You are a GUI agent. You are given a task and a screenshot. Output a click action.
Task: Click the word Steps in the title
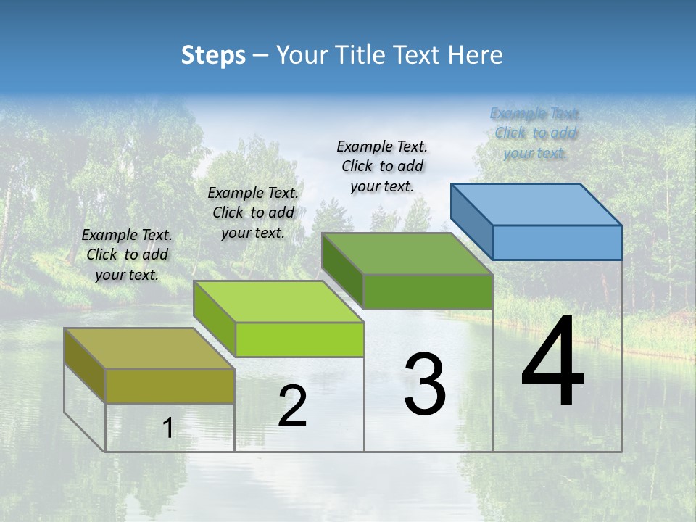pos(213,55)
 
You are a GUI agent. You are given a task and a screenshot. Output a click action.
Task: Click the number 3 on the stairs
pos(424,384)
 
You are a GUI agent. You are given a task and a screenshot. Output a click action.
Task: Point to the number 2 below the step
pos(292,406)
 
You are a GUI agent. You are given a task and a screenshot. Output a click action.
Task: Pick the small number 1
pos(167,428)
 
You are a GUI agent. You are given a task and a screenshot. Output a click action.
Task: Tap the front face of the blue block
pos(557,242)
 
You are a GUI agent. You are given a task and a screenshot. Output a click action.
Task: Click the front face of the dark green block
pos(428,291)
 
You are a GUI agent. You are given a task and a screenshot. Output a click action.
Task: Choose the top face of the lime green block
pos(278,301)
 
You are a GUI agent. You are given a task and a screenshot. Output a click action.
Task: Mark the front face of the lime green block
pos(299,339)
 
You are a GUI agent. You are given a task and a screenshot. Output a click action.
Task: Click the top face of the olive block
pos(149,348)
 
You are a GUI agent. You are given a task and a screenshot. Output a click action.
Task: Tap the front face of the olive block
pos(170,386)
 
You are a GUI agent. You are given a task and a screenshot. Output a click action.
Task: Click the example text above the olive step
pos(127,254)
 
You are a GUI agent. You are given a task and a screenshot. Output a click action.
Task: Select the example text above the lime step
pos(253,212)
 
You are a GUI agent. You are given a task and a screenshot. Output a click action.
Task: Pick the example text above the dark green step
pos(382,166)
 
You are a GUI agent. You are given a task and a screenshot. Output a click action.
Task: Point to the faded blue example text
pos(536,133)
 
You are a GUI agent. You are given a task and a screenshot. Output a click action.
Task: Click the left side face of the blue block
pos(471,220)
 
